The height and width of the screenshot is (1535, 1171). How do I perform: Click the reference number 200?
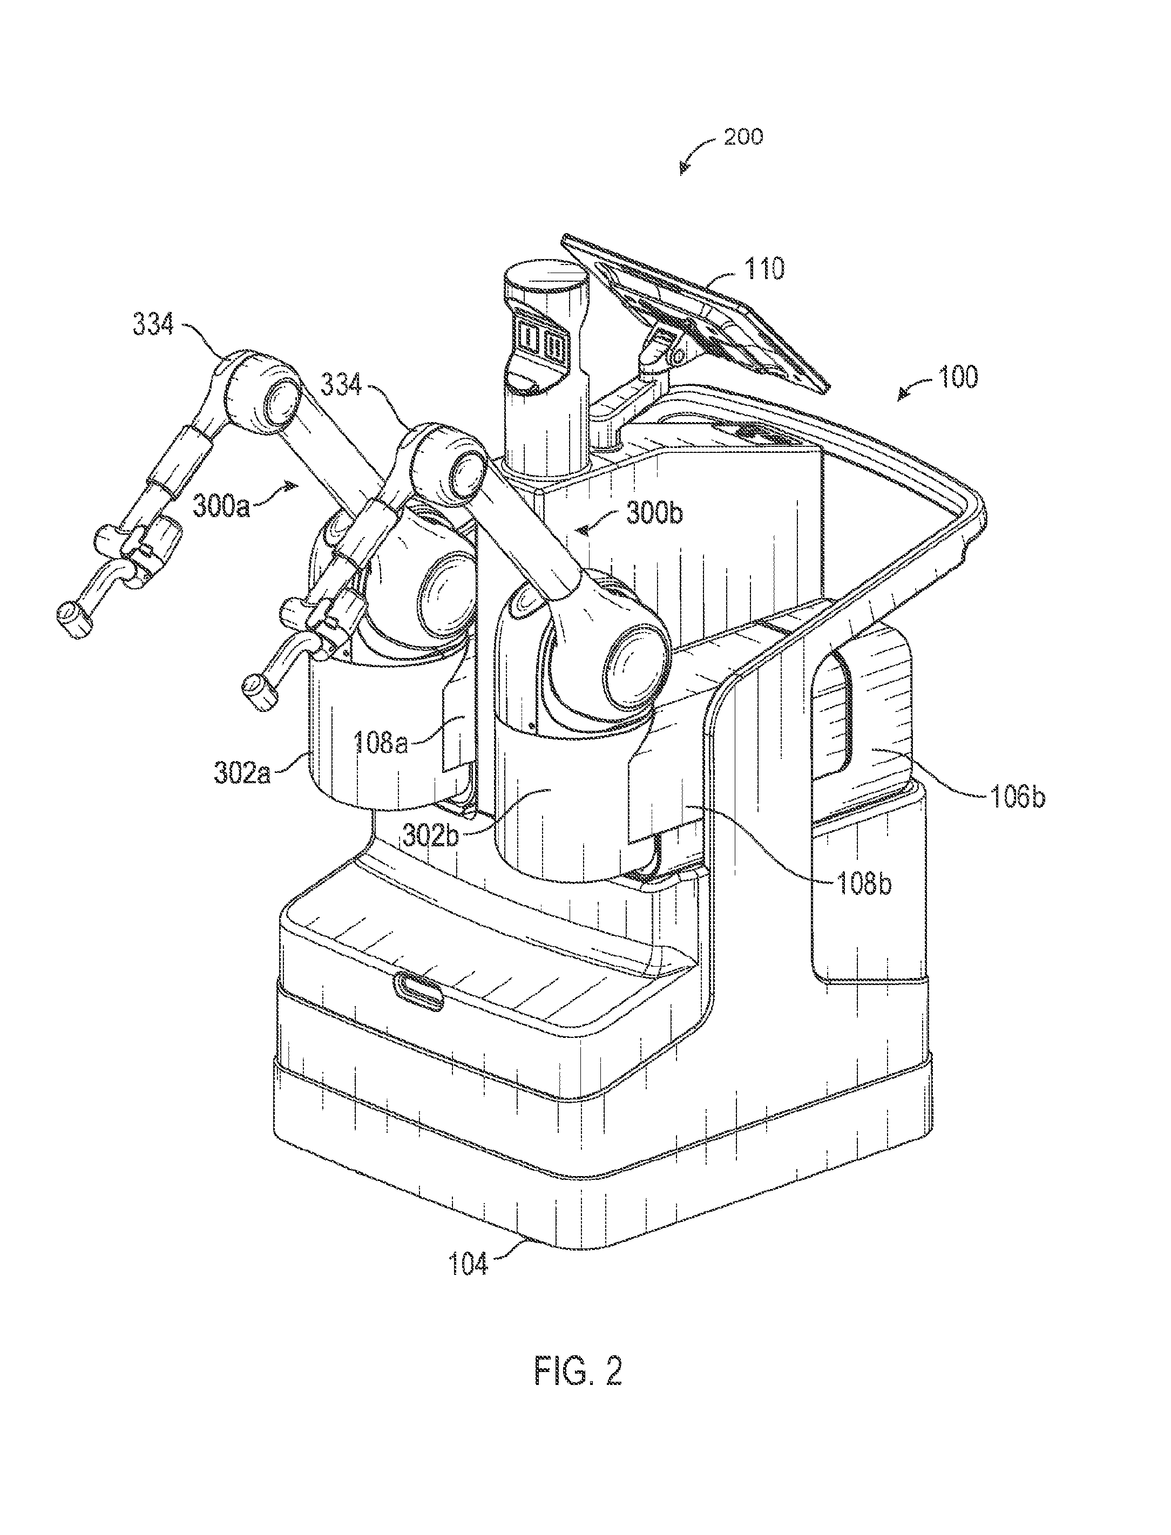coord(743,137)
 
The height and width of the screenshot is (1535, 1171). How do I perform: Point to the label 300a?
coord(221,507)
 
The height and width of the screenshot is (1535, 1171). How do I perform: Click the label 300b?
coord(654,513)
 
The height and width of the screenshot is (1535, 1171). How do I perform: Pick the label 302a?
coord(242,774)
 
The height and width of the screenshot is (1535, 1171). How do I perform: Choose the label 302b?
coord(431,836)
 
